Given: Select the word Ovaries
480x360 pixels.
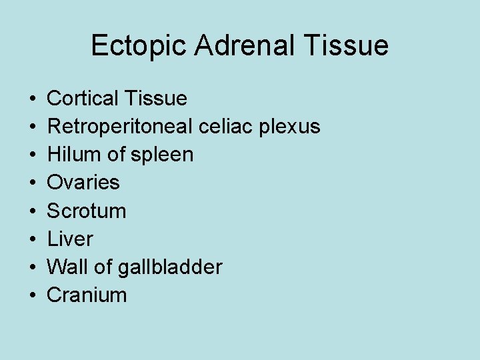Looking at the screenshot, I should click(x=83, y=183).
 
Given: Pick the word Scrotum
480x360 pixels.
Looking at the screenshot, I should click(x=87, y=211).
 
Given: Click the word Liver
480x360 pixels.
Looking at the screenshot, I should click(x=70, y=239).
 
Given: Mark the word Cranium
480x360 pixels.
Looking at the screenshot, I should click(x=87, y=295).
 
